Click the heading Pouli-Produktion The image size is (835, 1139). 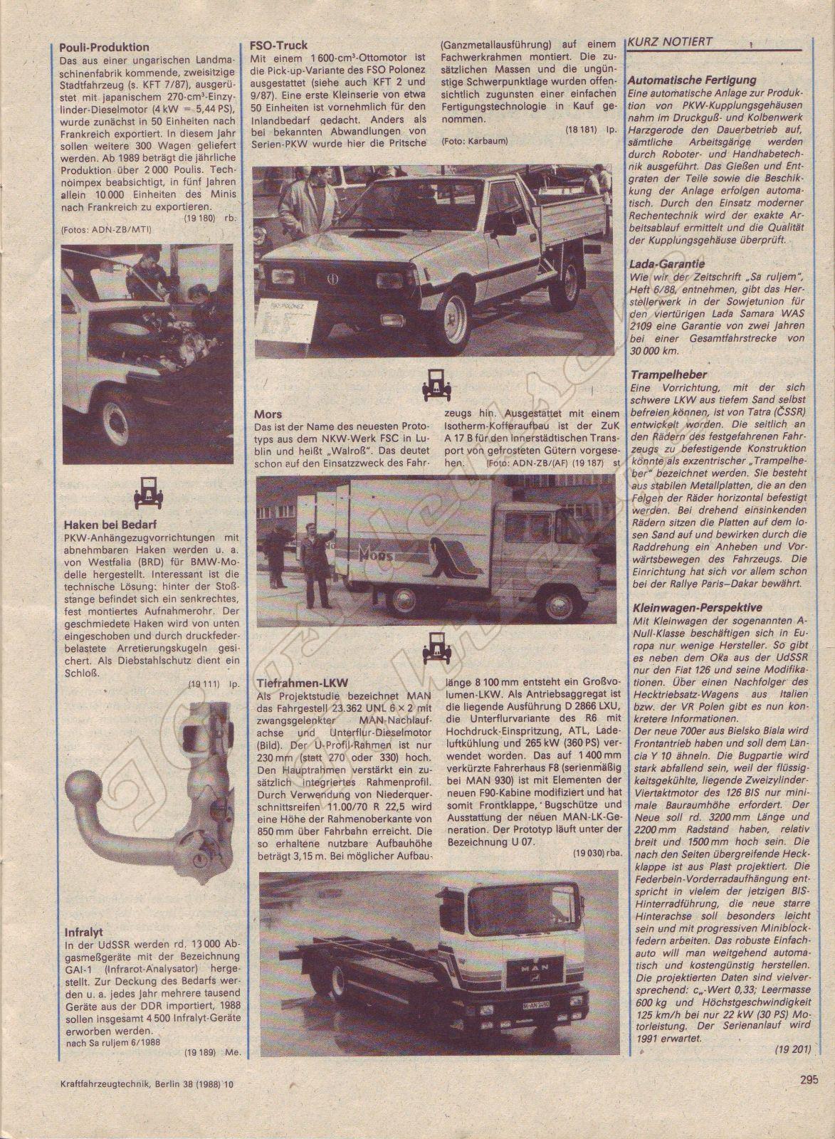point(105,49)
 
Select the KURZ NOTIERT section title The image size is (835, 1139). point(670,42)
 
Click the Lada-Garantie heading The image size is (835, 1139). point(668,263)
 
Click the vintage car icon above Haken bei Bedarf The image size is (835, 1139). point(149,490)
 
